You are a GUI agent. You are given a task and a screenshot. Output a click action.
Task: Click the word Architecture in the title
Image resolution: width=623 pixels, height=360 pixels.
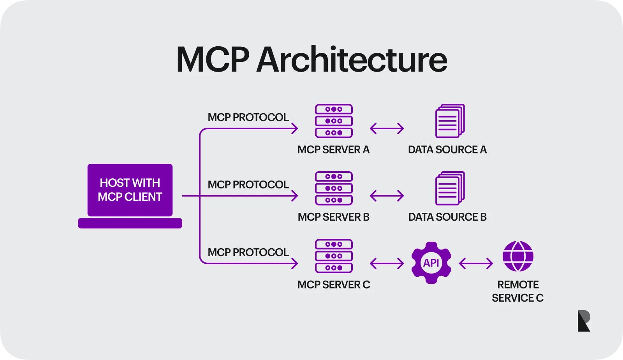point(352,60)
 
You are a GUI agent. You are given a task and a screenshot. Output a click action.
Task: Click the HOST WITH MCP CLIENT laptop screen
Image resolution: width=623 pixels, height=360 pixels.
point(130,190)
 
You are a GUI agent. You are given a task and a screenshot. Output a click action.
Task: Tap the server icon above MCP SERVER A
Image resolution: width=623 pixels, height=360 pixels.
point(334,121)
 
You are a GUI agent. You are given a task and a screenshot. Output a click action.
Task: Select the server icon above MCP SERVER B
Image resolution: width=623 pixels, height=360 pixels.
point(334,188)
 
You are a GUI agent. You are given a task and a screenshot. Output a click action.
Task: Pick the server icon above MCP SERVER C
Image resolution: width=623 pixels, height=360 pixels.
point(334,256)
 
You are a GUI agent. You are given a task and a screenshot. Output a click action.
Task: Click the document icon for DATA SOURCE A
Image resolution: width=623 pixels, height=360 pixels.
point(450,121)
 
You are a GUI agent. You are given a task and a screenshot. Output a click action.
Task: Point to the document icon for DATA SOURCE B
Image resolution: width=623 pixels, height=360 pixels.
point(450,188)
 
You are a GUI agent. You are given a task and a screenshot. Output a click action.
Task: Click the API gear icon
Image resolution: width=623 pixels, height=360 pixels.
point(431,263)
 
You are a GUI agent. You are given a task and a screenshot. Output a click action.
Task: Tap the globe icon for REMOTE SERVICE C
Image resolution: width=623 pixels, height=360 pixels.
point(518,256)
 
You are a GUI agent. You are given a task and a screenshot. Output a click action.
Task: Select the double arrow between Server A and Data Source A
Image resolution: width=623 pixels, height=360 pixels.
point(387,128)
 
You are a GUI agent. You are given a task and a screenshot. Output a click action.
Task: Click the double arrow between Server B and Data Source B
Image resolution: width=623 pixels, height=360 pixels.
point(387,196)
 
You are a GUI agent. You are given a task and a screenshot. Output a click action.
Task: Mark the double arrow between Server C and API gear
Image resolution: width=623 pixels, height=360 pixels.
point(387,263)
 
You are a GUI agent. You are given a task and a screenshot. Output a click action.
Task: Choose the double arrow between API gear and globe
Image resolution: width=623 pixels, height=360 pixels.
point(476,263)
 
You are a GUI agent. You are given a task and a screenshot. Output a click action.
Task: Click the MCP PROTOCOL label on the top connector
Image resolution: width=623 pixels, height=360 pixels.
point(248,118)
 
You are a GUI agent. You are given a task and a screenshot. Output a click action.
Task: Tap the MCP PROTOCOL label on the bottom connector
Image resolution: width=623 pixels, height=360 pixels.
point(248,253)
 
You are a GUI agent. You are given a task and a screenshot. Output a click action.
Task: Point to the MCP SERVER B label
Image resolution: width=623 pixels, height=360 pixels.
point(334,217)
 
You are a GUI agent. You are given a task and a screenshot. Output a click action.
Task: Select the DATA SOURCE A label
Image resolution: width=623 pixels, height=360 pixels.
point(447,150)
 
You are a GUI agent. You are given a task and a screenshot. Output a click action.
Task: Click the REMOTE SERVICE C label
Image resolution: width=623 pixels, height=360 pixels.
point(518,291)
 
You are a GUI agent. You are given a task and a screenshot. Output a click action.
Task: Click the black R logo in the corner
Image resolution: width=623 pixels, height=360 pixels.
point(584,321)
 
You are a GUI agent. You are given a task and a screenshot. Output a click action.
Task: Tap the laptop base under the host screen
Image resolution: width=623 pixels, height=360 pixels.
point(130,223)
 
